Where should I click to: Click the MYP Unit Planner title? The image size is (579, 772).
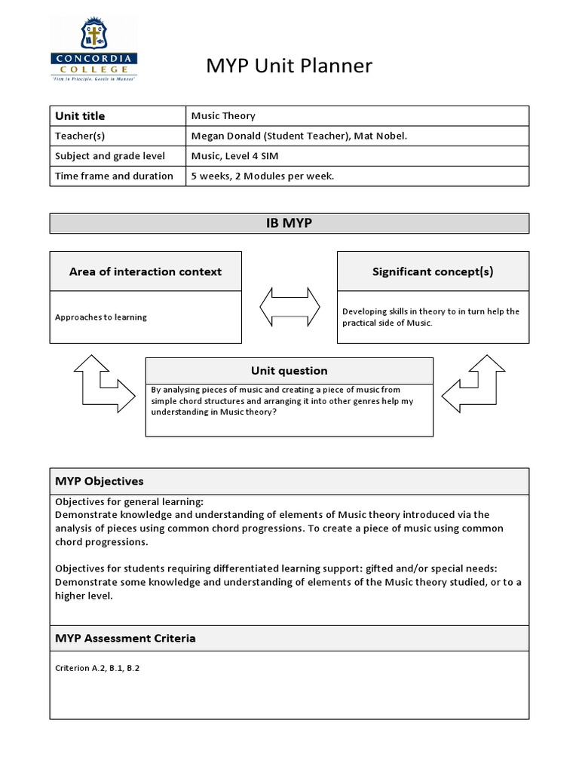click(x=289, y=66)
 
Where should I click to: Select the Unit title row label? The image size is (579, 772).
click(x=80, y=115)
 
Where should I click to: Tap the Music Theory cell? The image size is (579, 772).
click(x=223, y=115)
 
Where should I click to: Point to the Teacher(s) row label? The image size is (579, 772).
click(x=80, y=136)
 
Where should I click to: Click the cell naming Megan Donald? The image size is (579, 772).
click(x=299, y=136)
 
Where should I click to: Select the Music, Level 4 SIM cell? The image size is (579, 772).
click(x=245, y=156)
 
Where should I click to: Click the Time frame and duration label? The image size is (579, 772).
click(x=114, y=176)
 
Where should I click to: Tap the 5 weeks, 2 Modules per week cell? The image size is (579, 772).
click(x=262, y=176)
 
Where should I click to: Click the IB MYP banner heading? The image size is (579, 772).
click(x=289, y=223)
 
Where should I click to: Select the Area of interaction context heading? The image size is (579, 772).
click(x=146, y=271)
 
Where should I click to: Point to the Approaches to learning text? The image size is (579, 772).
click(x=101, y=317)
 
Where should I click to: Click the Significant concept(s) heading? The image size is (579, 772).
click(x=433, y=271)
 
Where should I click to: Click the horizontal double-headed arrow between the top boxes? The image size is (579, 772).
click(x=289, y=306)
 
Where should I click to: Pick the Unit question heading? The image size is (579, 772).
click(x=289, y=370)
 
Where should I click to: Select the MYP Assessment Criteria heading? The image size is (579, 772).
click(x=125, y=638)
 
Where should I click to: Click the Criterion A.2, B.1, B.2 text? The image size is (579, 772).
click(x=97, y=668)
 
